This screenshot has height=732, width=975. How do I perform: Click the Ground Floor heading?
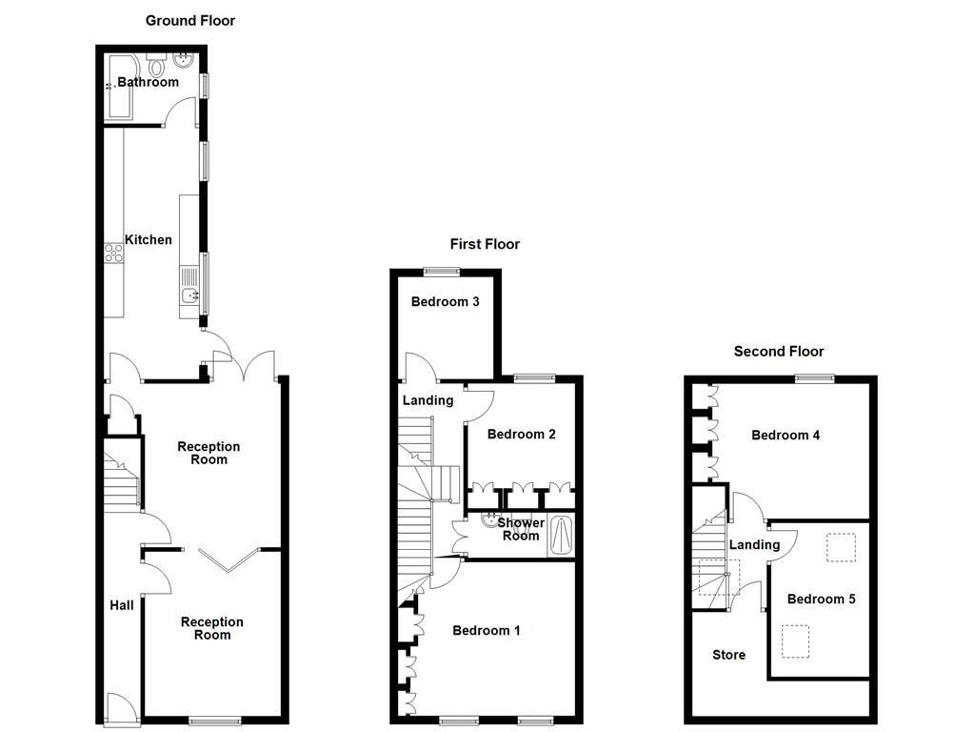190,21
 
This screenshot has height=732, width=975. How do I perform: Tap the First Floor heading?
485,244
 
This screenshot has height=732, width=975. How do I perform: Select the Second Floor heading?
779,351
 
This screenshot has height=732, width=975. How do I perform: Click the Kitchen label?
148,239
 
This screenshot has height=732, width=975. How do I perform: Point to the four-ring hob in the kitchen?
114,253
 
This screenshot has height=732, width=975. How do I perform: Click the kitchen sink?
189,295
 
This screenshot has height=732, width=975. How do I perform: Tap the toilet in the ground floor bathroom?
157,65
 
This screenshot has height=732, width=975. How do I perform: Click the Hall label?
122,605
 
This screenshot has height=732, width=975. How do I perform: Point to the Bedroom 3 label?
446,302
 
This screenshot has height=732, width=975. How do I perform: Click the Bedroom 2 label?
521,435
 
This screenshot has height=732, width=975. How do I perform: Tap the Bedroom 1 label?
487,631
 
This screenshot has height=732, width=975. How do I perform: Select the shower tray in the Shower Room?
562,536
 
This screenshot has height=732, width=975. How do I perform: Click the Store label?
728,655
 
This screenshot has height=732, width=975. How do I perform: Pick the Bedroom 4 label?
786,435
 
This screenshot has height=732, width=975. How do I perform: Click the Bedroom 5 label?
822,599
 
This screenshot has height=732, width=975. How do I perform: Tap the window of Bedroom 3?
442,271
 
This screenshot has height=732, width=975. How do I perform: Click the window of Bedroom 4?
816,377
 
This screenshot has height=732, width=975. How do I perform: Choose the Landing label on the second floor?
754,545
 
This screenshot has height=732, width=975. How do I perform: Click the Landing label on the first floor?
428,400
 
